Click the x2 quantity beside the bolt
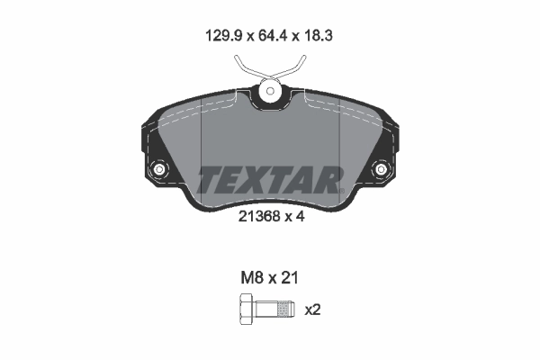(313, 310)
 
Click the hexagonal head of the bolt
(246, 310)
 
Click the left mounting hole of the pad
(160, 169)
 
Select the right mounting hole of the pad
(380, 169)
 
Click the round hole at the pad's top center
(269, 90)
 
